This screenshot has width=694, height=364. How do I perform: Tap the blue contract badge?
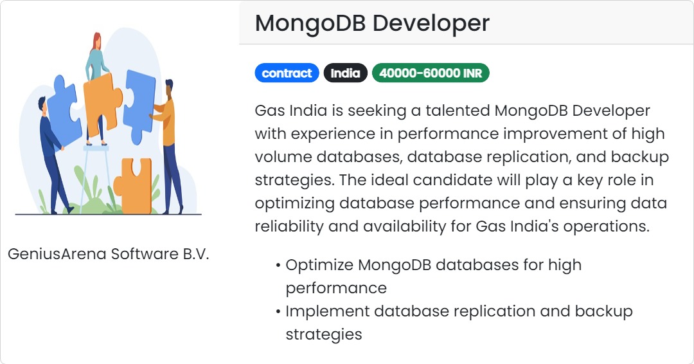click(287, 73)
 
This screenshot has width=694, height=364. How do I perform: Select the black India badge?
click(345, 73)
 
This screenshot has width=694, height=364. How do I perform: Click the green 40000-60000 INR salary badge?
click(431, 73)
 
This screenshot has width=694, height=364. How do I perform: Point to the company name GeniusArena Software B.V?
click(109, 254)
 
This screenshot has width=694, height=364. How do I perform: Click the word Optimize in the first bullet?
click(319, 265)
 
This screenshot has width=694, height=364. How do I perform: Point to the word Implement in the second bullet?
click(327, 311)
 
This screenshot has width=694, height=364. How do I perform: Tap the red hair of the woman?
click(97, 40)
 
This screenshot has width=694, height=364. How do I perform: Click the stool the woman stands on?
click(96, 167)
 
